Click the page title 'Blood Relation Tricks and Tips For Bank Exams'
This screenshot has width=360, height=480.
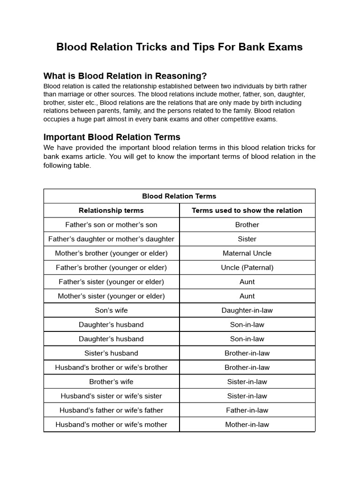tap(180, 47)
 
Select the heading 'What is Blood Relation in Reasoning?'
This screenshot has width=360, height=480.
tap(125, 76)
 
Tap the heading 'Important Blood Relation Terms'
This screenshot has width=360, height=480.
tap(112, 137)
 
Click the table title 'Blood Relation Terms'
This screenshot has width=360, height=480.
tap(179, 196)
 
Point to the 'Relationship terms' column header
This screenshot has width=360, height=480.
tap(111, 210)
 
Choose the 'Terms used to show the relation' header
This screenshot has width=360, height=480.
tap(247, 210)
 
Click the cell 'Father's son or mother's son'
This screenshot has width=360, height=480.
tap(111, 225)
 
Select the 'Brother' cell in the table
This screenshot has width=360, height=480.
tap(247, 225)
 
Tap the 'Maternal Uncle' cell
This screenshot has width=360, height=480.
tap(247, 253)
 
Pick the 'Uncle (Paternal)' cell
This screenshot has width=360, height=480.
tap(247, 268)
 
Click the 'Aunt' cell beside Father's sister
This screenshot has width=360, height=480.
tap(247, 282)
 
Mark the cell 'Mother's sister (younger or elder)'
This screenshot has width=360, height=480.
tap(111, 296)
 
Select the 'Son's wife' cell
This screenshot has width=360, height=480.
tap(111, 310)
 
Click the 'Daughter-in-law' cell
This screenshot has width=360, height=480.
tap(247, 310)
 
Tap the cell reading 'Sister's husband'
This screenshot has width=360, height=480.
tap(111, 353)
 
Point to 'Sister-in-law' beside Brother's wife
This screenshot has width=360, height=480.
tap(247, 382)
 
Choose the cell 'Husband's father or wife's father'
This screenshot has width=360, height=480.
tap(111, 410)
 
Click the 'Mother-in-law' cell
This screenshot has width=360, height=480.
tap(247, 425)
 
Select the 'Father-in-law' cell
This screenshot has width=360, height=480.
tap(247, 410)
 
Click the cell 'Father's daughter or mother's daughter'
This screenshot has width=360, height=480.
tap(111, 239)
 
